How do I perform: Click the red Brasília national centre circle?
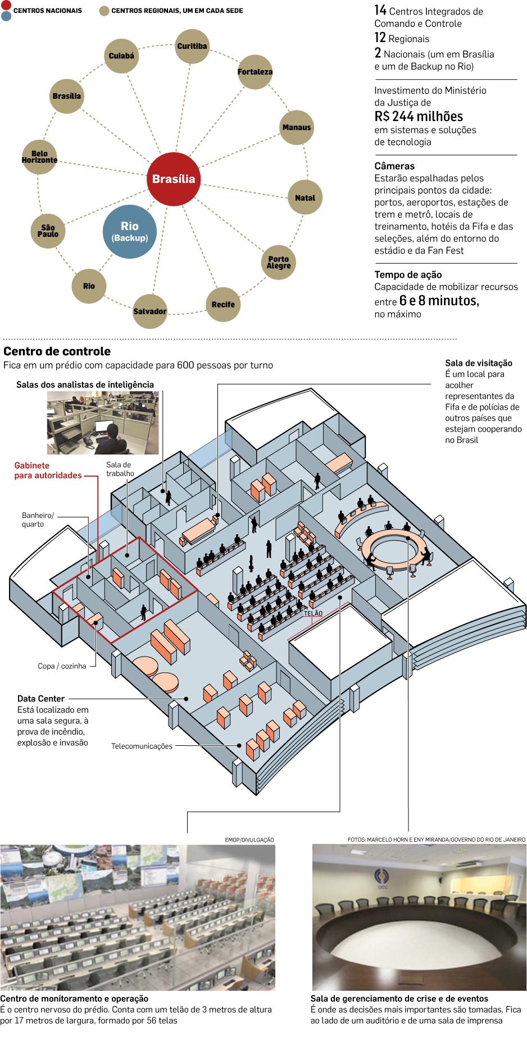coord(174,179)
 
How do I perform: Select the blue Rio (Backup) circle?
coord(130,231)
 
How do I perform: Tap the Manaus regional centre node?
coord(296,127)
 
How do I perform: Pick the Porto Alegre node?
coord(279,262)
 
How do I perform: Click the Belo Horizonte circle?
coord(39,157)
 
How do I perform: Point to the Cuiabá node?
coord(121,56)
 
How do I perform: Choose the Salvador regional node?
coord(150,311)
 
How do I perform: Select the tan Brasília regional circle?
coord(67,96)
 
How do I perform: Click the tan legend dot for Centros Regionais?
coord(104,11)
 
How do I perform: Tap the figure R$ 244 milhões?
coord(419,117)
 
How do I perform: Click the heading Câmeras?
coord(394,166)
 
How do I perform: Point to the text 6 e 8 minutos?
coord(439,301)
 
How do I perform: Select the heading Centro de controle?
coord(57,351)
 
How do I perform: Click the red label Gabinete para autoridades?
coord(48,470)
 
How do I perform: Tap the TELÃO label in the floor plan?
coord(313,613)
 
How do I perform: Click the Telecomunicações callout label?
coord(142,746)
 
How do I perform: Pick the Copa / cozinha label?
coord(62,666)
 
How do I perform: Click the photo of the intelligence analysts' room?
coord(103,423)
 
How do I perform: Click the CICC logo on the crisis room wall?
coord(382,878)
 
